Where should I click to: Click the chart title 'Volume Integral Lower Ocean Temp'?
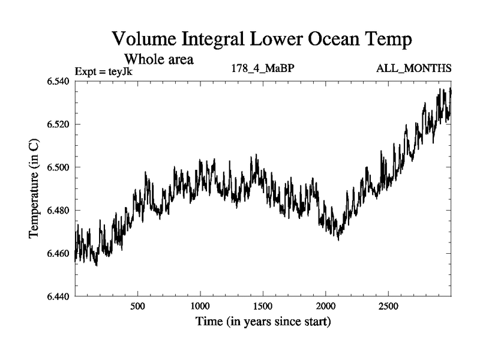tap(263, 40)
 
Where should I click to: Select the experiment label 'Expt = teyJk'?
tap(103, 71)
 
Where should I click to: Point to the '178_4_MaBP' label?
tap(262, 68)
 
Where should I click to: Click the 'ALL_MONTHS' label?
tap(413, 68)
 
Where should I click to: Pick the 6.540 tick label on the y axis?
tap(58, 82)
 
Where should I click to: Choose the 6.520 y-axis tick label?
tap(58, 124)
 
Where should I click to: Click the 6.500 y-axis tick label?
tap(58, 167)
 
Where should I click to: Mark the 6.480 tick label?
tap(58, 210)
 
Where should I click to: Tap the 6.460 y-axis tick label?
tap(58, 253)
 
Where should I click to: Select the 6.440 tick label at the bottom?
tap(58, 296)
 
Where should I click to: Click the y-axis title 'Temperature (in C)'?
tap(35, 189)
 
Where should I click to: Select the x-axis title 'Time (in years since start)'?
tap(263, 322)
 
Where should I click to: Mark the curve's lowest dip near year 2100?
tap(338, 239)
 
